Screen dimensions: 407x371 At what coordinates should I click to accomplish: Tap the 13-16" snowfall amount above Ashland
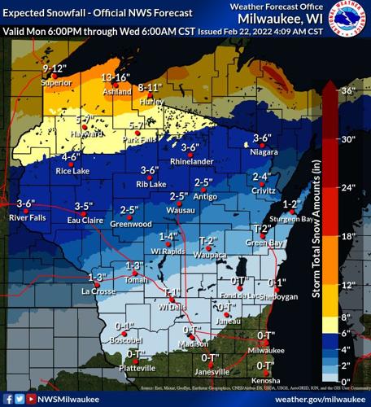(116, 77)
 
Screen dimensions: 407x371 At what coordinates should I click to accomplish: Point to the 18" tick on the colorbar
(347, 236)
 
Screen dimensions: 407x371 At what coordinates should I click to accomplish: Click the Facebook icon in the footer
(7, 399)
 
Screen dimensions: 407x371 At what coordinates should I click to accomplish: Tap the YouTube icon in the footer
(31, 399)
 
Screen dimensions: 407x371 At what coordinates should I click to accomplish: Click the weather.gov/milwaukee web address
(316, 399)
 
